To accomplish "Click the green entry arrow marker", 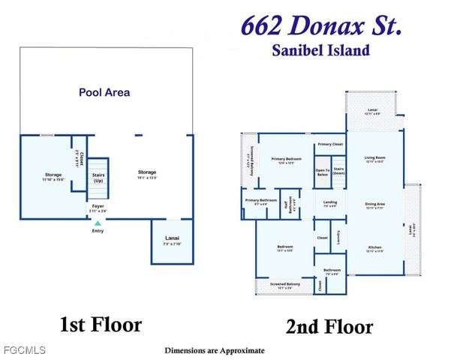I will pos(97,223).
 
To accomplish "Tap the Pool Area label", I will pos(104,93).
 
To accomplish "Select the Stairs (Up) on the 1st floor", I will pos(98,178).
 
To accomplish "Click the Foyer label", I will pos(98,205).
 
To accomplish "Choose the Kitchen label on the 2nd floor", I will pos(374,247).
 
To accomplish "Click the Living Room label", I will pos(374,158).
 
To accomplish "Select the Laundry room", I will pos(338,236).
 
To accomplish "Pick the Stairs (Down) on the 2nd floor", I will pos(338,171).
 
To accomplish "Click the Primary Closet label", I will pos(330,143).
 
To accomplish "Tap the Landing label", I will pos(330,202).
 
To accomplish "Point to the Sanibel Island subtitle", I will pos(320,51).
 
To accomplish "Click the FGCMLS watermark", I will pos(23,350).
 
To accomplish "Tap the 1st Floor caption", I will pos(101,325).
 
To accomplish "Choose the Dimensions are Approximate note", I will pos(215,350).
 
